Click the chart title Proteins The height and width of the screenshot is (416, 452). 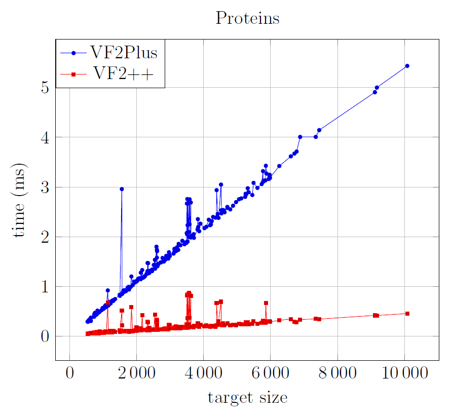tap(248, 18)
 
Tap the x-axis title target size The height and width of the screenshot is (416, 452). tap(247, 397)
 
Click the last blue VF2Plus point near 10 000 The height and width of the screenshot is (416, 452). tap(407, 66)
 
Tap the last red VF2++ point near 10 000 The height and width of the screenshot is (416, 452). tap(407, 314)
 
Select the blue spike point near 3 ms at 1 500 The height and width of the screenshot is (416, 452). tap(122, 189)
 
